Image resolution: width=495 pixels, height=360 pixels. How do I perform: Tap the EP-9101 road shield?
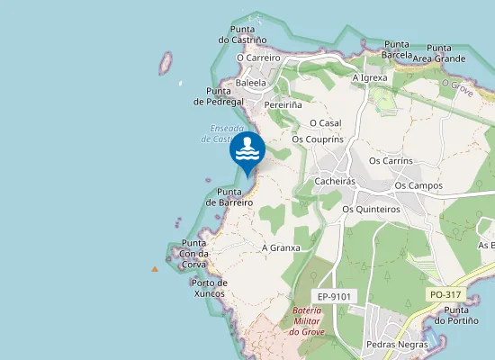pyautogui.click(x=333, y=296)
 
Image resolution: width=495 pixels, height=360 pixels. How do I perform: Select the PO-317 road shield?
pyautogui.click(x=445, y=294)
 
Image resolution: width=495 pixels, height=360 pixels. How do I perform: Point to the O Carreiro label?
pyautogui.click(x=258, y=58)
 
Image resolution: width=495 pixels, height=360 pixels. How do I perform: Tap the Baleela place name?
pyautogui.click(x=250, y=83)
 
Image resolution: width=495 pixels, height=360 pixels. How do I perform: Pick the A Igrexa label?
pyautogui.click(x=370, y=77)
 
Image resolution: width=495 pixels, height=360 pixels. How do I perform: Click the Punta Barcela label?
pyautogui.click(x=397, y=49)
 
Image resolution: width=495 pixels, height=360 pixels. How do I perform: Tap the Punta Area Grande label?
pyautogui.click(x=439, y=53)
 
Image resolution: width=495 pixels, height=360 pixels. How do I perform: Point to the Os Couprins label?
pyautogui.click(x=318, y=139)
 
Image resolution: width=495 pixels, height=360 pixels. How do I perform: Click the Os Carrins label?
pyautogui.click(x=391, y=161)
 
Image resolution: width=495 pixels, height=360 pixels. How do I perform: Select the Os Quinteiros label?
pyautogui.click(x=371, y=209)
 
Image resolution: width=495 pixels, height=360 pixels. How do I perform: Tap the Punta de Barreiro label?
pyautogui.click(x=229, y=197)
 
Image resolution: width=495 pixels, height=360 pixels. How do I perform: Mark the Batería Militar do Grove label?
pyautogui.click(x=307, y=321)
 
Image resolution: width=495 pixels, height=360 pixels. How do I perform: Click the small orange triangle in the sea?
pyautogui.click(x=155, y=268)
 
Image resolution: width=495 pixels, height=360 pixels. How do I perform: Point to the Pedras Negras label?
pyautogui.click(x=398, y=345)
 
